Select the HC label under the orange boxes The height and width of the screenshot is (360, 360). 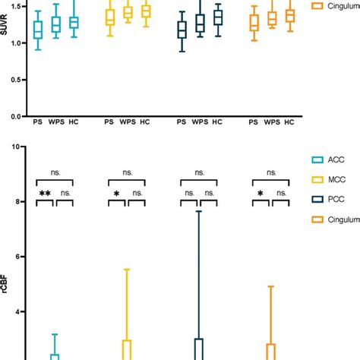pyautogui.click(x=289, y=123)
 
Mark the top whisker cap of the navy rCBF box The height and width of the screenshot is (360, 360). pyautogui.click(x=199, y=211)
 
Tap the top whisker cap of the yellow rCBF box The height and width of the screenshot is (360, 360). pyautogui.click(x=127, y=270)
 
